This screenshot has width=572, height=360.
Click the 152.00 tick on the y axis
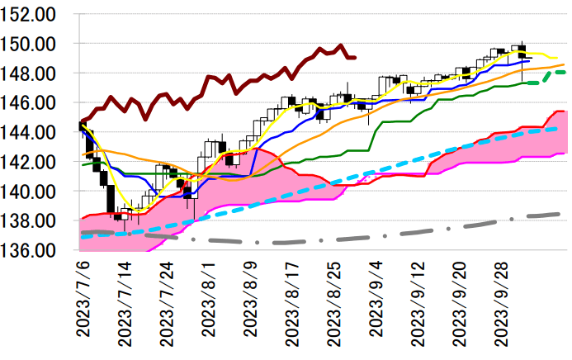click(x=33, y=14)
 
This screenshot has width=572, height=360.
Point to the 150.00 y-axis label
click(x=33, y=44)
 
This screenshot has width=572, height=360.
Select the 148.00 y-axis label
click(x=33, y=73)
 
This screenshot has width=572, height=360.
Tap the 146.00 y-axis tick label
click(x=33, y=103)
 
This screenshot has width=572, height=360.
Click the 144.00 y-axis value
click(x=33, y=132)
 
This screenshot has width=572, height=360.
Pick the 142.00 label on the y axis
click(x=33, y=162)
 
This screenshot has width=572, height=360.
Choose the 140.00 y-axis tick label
click(x=33, y=192)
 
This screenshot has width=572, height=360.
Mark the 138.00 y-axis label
click(x=33, y=221)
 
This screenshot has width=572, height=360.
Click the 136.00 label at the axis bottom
click(x=33, y=250)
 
